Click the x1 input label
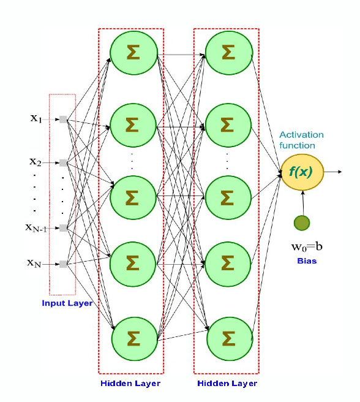pyautogui.click(x=36, y=119)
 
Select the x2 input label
pyautogui.click(x=36, y=162)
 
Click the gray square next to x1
pyautogui.click(x=63, y=119)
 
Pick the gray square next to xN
pyautogui.click(x=63, y=264)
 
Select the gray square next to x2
pyautogui.click(x=63, y=163)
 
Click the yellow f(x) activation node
pyautogui.click(x=301, y=172)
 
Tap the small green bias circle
pyautogui.click(x=302, y=223)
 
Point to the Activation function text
pyautogui.click(x=301, y=140)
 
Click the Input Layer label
pyautogui.click(x=66, y=303)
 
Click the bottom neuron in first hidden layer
pyautogui.click(x=131, y=338)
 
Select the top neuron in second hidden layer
pyautogui.click(x=227, y=51)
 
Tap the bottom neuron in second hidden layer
pyautogui.click(x=227, y=338)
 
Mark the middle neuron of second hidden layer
pyautogui.click(x=227, y=196)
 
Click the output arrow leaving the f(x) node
pyautogui.click(x=332, y=172)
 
